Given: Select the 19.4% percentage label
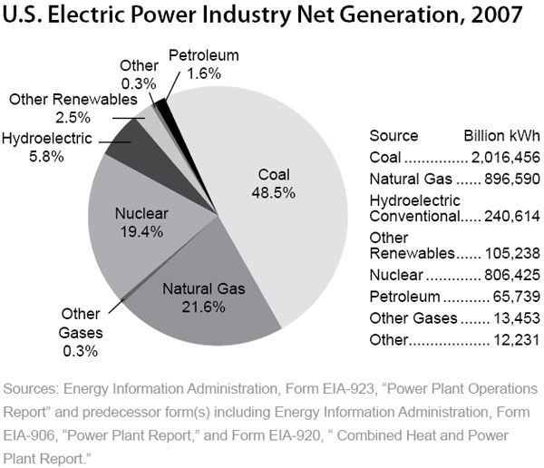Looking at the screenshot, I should (140, 231).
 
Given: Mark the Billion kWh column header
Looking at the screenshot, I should (501, 135).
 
